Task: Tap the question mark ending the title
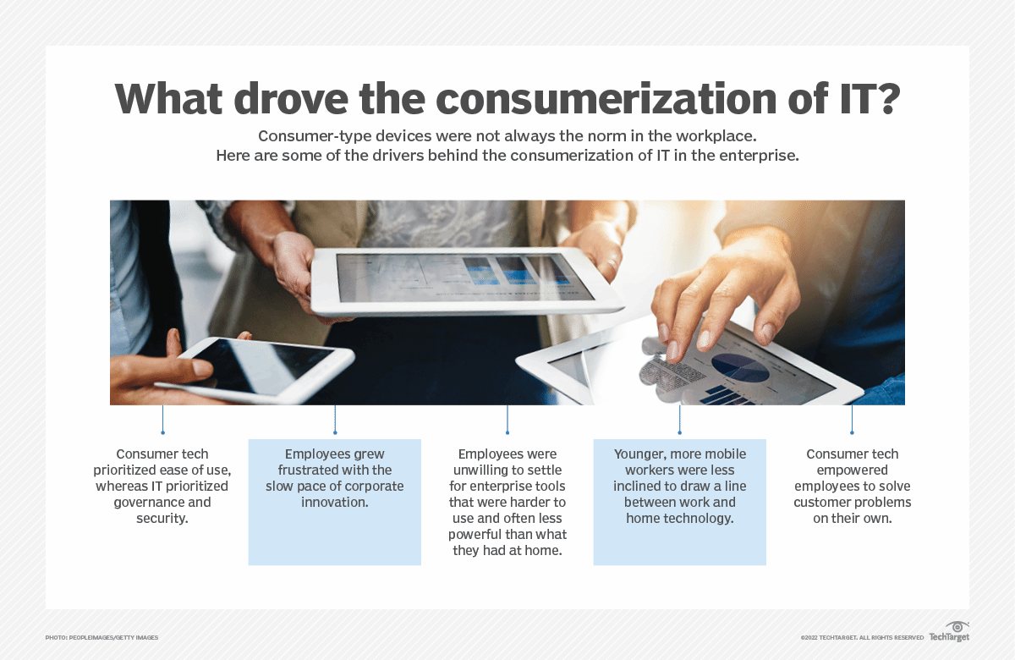886,101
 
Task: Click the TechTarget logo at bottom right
949,635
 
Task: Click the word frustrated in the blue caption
299,470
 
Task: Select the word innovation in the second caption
334,503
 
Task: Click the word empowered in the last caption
852,470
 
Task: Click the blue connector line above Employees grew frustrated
335,420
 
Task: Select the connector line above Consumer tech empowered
852,420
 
